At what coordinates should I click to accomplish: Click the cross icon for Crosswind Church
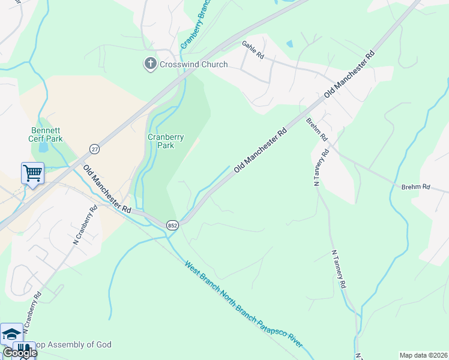[x=151, y=64]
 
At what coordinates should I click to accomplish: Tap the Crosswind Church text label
[x=193, y=64]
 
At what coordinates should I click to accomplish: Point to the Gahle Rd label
[x=253, y=50]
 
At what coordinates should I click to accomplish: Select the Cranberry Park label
[x=166, y=140]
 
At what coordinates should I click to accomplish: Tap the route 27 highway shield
[x=94, y=148]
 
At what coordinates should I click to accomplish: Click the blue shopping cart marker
[x=32, y=174]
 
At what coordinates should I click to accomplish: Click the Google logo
[x=19, y=353]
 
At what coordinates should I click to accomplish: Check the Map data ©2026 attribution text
[x=423, y=355]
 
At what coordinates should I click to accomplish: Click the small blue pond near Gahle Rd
[x=291, y=44]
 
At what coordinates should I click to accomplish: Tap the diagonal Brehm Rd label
[x=316, y=129]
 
